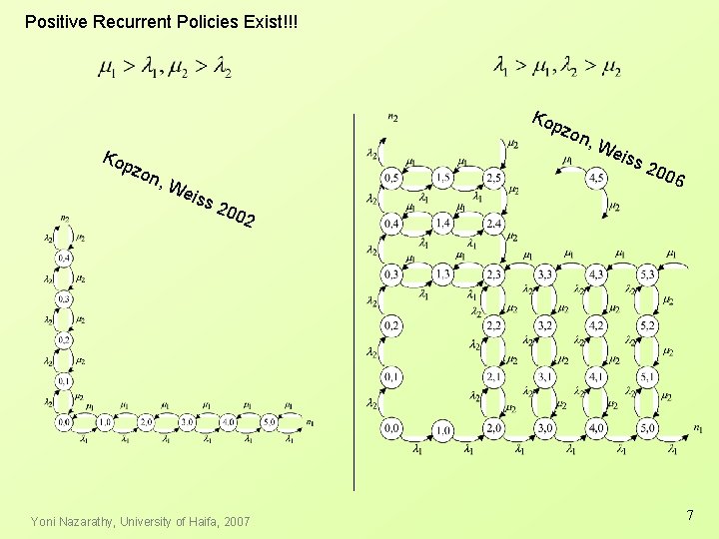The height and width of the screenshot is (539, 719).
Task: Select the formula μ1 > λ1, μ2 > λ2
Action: click(x=165, y=68)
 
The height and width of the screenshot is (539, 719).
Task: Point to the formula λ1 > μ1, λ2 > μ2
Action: click(x=557, y=68)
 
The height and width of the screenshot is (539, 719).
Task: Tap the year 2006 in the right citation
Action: click(x=664, y=175)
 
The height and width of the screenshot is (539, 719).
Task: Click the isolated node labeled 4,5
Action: click(x=596, y=178)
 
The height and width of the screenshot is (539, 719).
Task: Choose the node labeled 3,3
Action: click(x=546, y=273)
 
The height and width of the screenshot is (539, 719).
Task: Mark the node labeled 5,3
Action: click(x=647, y=273)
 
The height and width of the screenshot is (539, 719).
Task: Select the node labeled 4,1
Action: click(x=596, y=376)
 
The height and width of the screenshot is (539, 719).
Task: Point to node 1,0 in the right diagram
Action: click(x=442, y=429)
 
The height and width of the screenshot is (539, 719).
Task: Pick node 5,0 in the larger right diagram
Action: click(x=647, y=429)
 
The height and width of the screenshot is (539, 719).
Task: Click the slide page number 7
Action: click(x=689, y=515)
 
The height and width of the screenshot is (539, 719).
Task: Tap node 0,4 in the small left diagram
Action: click(x=64, y=259)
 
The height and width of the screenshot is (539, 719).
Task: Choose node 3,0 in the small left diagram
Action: click(x=186, y=422)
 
